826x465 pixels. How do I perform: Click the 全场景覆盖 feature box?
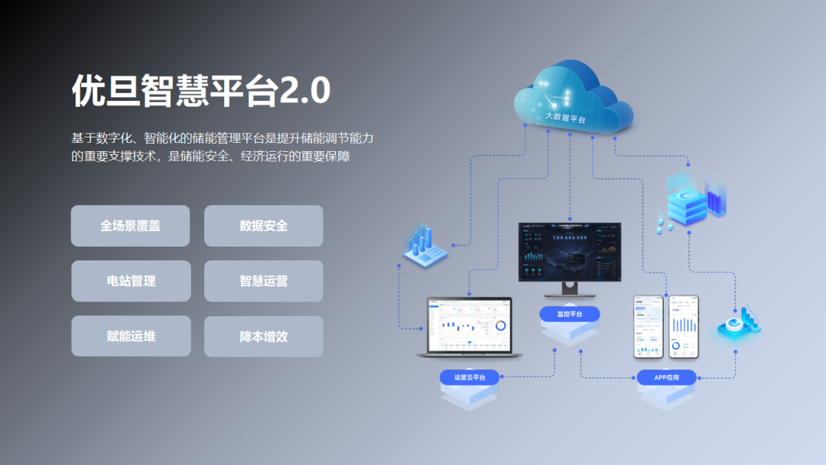pos(130,225)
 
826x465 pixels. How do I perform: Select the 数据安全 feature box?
pos(263,225)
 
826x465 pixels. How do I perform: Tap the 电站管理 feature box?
pos(131,281)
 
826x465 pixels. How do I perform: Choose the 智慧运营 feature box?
pos(263,281)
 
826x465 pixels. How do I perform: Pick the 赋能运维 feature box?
pos(131,336)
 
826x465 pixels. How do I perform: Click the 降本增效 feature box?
pos(263,337)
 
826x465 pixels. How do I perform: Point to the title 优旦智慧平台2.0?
pos(200,91)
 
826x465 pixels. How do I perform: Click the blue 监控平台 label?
pos(570,314)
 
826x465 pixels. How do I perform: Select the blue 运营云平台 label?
pos(470,377)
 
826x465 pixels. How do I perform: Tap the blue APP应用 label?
pos(667,377)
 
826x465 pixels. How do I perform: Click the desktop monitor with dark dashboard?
pos(570,251)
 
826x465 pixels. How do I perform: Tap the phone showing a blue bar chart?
pos(684,326)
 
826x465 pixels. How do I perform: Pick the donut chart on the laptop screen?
pos(501,325)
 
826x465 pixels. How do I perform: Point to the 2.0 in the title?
pos(304,91)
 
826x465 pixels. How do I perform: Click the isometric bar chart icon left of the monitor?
pos(424,245)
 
